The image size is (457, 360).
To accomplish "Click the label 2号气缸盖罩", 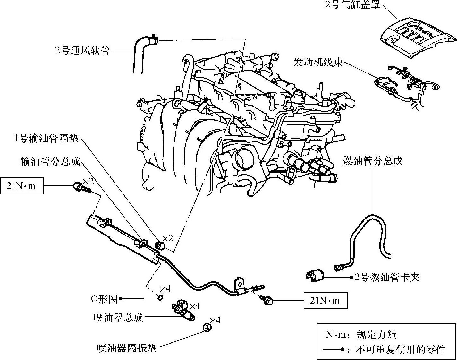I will (352, 5).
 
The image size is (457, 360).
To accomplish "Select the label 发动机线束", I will (318, 62).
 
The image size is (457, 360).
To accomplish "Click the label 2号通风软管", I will (82, 51).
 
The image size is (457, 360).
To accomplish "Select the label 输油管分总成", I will (50, 161).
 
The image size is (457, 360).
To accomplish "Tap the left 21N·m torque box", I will (21, 186).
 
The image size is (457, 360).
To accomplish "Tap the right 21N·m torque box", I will (325, 301).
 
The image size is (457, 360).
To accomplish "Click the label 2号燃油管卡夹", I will (387, 277).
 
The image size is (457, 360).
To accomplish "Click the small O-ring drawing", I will (160, 298).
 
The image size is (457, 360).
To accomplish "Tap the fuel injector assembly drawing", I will (184, 310).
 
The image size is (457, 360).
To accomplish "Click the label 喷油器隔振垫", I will (127, 348).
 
